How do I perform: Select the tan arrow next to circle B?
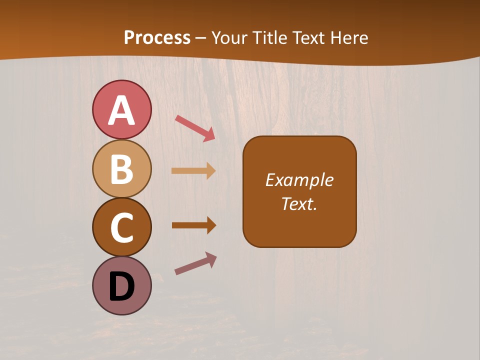[x=193, y=171]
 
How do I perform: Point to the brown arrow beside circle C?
[x=194, y=225]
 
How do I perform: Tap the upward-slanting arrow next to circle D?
[x=195, y=263]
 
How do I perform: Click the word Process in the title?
[x=157, y=37]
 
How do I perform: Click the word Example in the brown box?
[x=299, y=180]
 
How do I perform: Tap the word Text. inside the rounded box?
[x=299, y=203]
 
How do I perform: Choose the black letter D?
[x=121, y=286]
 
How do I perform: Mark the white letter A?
[x=121, y=110]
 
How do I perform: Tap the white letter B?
[x=121, y=169]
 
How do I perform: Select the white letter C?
[x=121, y=227]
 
